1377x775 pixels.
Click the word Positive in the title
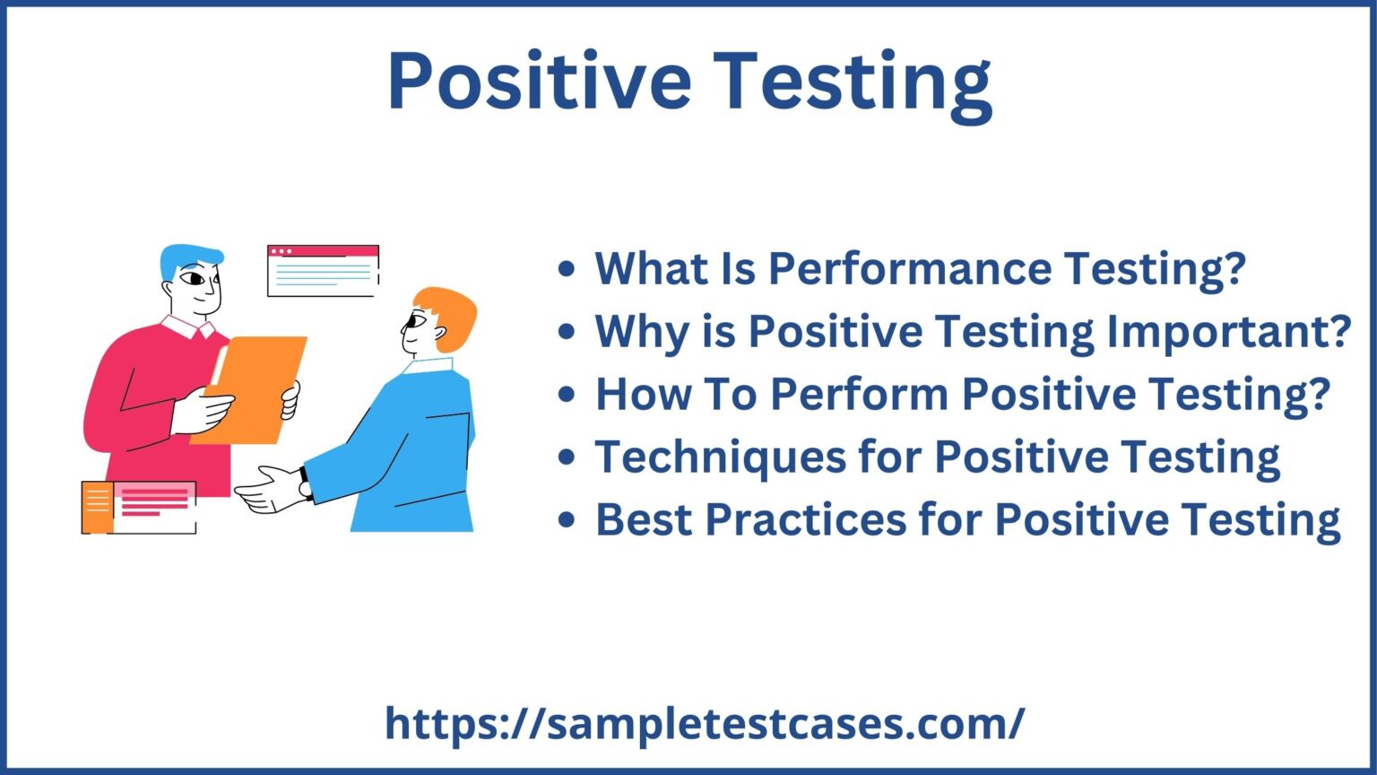(538, 81)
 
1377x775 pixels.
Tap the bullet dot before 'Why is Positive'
(566, 332)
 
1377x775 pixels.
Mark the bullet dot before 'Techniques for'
(566, 457)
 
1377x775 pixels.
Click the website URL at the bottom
(705, 723)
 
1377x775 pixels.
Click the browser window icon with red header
(323, 270)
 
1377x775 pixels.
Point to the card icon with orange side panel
(138, 507)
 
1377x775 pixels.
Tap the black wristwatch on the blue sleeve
(306, 483)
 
